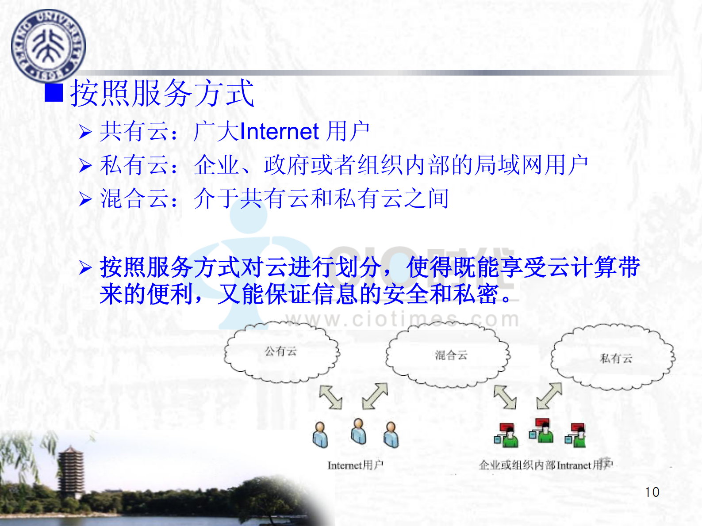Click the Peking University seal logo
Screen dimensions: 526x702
tap(48, 46)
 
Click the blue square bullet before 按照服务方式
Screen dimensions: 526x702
tap(54, 93)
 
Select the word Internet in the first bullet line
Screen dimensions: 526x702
tap(279, 132)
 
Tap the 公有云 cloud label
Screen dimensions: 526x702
tap(280, 351)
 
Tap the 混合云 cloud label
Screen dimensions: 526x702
tap(451, 355)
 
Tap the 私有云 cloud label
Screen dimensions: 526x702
tap(616, 358)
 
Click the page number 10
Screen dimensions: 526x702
tap(652, 492)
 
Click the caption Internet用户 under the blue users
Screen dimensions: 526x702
tap(355, 465)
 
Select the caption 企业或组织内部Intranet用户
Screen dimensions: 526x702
tap(545, 465)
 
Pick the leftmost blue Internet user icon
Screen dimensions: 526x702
tap(320, 435)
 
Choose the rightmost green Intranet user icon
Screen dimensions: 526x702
tap(575, 435)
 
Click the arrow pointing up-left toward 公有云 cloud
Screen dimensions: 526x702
tap(331, 396)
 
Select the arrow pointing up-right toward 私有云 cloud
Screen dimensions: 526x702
tap(549, 396)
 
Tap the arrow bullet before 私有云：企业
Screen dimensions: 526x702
tap(85, 166)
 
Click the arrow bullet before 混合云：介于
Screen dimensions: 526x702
tap(85, 199)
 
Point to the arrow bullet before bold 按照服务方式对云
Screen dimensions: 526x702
tap(85, 268)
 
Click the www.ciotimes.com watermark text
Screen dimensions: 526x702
tap(403, 319)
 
